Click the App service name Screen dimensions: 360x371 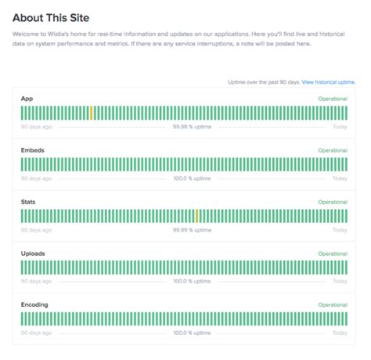[27, 99]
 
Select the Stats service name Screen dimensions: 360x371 [28, 202]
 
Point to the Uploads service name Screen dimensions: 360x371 [32, 254]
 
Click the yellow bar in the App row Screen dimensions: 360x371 [91, 113]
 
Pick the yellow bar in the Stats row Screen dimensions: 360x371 [196, 216]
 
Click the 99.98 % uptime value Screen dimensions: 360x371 [192, 127]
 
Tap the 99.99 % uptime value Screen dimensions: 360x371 [192, 230]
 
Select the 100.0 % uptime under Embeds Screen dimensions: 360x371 [192, 178]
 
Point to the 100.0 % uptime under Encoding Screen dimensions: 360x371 [192, 333]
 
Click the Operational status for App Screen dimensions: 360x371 [333, 99]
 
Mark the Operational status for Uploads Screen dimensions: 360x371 [333, 254]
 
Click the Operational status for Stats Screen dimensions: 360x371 [333, 202]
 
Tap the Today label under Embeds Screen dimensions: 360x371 [340, 178]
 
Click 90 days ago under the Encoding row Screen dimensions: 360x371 [36, 333]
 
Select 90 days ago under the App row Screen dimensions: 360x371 [36, 127]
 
